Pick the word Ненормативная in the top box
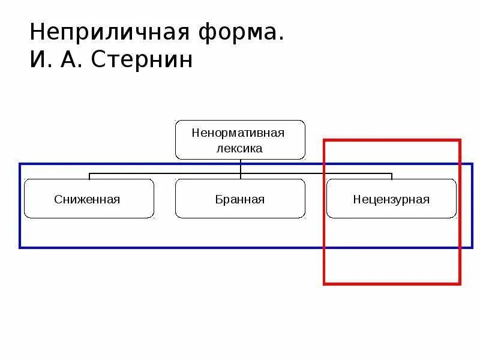239,132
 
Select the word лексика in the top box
239,148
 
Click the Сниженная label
87,199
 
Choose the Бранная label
239,199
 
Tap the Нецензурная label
391,199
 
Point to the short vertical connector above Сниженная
89,176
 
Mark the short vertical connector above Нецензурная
392,176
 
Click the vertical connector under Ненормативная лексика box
240,167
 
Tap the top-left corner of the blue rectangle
20,164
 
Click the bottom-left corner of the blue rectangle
20,247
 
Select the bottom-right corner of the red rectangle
460,283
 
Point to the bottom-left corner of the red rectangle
325,283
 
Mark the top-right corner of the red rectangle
460,140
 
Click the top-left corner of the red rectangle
325,140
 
